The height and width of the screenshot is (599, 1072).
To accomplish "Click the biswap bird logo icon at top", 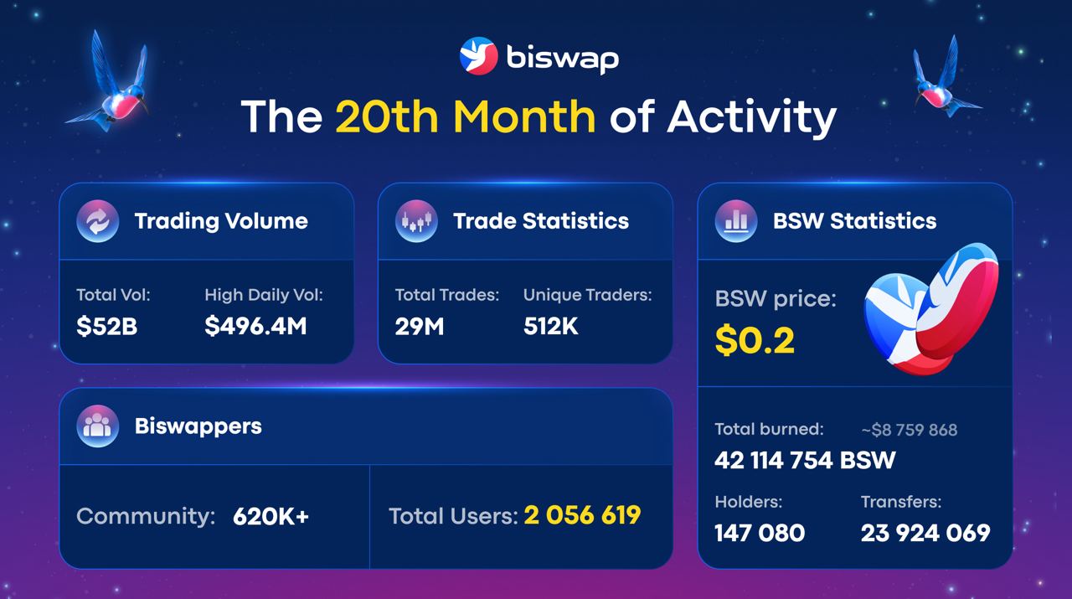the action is click(478, 56).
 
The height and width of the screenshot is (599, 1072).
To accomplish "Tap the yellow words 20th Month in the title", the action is click(465, 116).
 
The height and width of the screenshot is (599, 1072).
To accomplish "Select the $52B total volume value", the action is click(106, 327).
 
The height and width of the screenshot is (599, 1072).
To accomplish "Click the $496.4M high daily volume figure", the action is click(255, 326).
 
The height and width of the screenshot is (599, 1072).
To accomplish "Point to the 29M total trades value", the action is click(420, 327).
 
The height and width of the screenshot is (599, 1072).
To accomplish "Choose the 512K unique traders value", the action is click(551, 327).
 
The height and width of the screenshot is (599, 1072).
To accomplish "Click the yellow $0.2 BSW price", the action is click(755, 340).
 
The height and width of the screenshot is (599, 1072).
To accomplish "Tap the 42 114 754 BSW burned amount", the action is click(805, 460).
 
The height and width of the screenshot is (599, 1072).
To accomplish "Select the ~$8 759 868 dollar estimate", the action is click(910, 430).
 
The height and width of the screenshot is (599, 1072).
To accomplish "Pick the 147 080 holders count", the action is click(760, 533).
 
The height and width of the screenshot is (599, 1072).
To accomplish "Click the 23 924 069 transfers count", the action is click(925, 533).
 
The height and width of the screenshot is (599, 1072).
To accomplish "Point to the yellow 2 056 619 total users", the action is click(582, 515).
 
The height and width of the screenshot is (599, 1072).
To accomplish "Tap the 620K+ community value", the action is click(271, 517).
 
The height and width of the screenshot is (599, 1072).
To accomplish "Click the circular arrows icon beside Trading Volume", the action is click(98, 220).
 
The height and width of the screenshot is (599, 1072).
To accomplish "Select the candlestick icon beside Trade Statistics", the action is click(416, 220).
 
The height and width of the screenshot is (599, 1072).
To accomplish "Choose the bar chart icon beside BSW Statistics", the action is click(736, 220).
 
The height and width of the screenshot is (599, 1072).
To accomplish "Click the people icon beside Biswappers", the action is click(98, 426).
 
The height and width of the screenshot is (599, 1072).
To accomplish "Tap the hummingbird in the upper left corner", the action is click(110, 81).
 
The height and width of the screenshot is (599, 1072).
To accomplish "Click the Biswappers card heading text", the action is click(198, 426).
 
